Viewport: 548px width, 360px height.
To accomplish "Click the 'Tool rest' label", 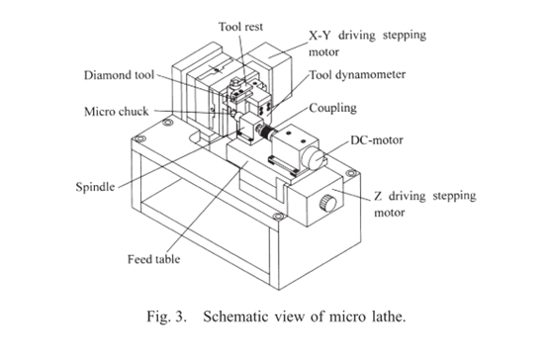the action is pyautogui.click(x=240, y=27).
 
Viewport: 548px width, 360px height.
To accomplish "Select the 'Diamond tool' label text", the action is pyautogui.click(x=119, y=75).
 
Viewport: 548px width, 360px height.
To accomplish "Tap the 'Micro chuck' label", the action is pyautogui.click(x=117, y=112).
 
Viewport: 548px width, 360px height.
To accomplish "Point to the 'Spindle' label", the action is pyautogui.click(x=95, y=187).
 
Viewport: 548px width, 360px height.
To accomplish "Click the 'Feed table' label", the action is pyautogui.click(x=153, y=259).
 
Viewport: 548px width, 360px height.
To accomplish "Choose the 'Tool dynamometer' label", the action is pyautogui.click(x=357, y=75).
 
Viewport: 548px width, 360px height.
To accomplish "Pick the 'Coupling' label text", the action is pyautogui.click(x=332, y=108).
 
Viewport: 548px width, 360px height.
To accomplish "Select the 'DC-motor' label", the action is pyautogui.click(x=377, y=140).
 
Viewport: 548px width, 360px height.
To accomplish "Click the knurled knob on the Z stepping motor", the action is pyautogui.click(x=328, y=204).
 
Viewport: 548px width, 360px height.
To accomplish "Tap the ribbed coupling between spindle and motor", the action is pyautogui.click(x=266, y=132).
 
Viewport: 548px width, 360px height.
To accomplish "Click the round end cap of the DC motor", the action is pyautogui.click(x=314, y=158).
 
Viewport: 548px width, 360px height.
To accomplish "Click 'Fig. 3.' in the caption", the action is pyautogui.click(x=167, y=316).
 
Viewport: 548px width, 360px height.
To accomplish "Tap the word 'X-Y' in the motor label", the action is pyautogui.click(x=320, y=36).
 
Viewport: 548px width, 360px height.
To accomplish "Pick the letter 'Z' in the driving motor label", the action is pyautogui.click(x=378, y=196).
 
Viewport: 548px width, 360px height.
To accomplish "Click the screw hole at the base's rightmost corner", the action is pyautogui.click(x=350, y=173).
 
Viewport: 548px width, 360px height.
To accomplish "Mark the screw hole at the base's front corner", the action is pyautogui.click(x=278, y=217).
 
